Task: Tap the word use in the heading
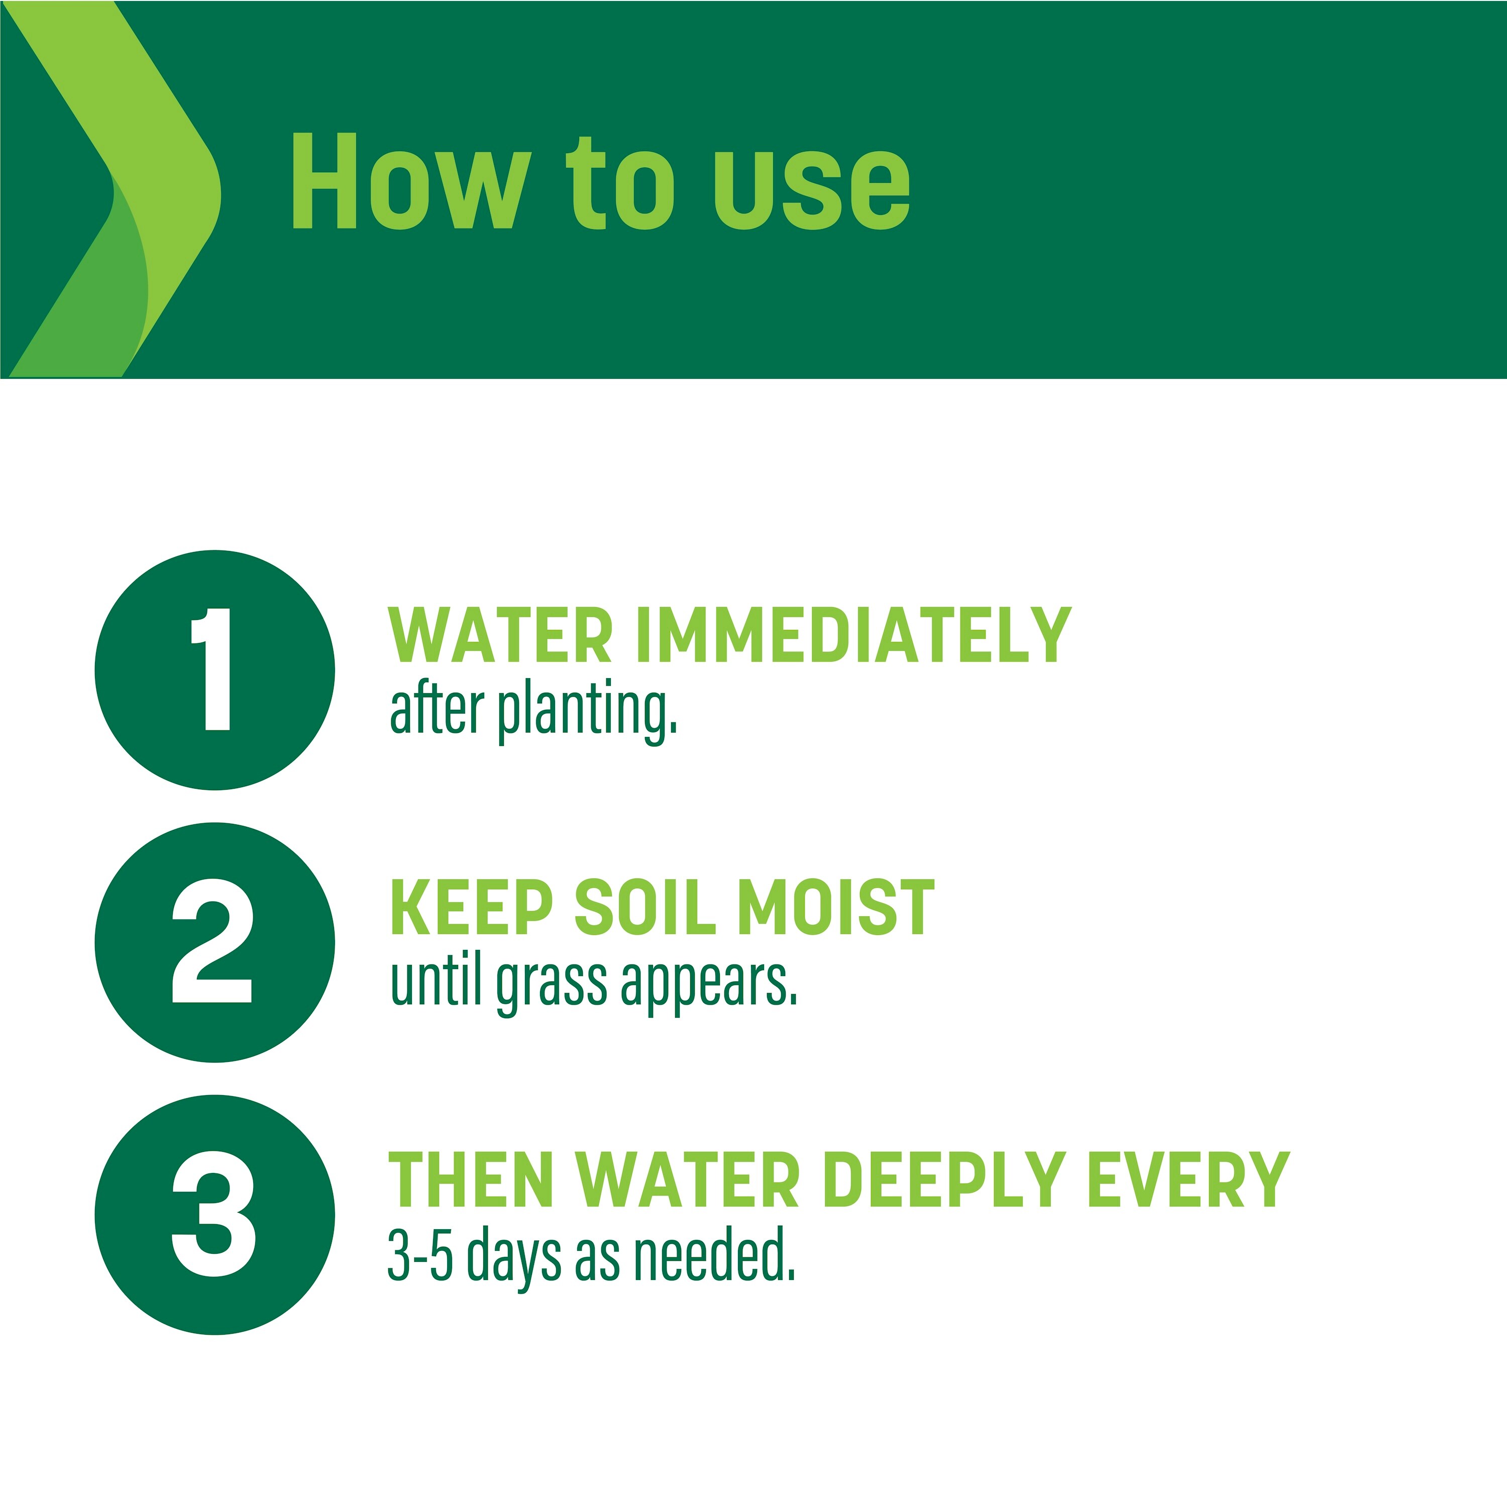tap(812, 188)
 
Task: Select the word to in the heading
tap(620, 183)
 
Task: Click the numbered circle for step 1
tap(214, 670)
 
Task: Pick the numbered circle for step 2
tap(214, 942)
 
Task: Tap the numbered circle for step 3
tap(214, 1215)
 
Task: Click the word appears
tap(709, 985)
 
